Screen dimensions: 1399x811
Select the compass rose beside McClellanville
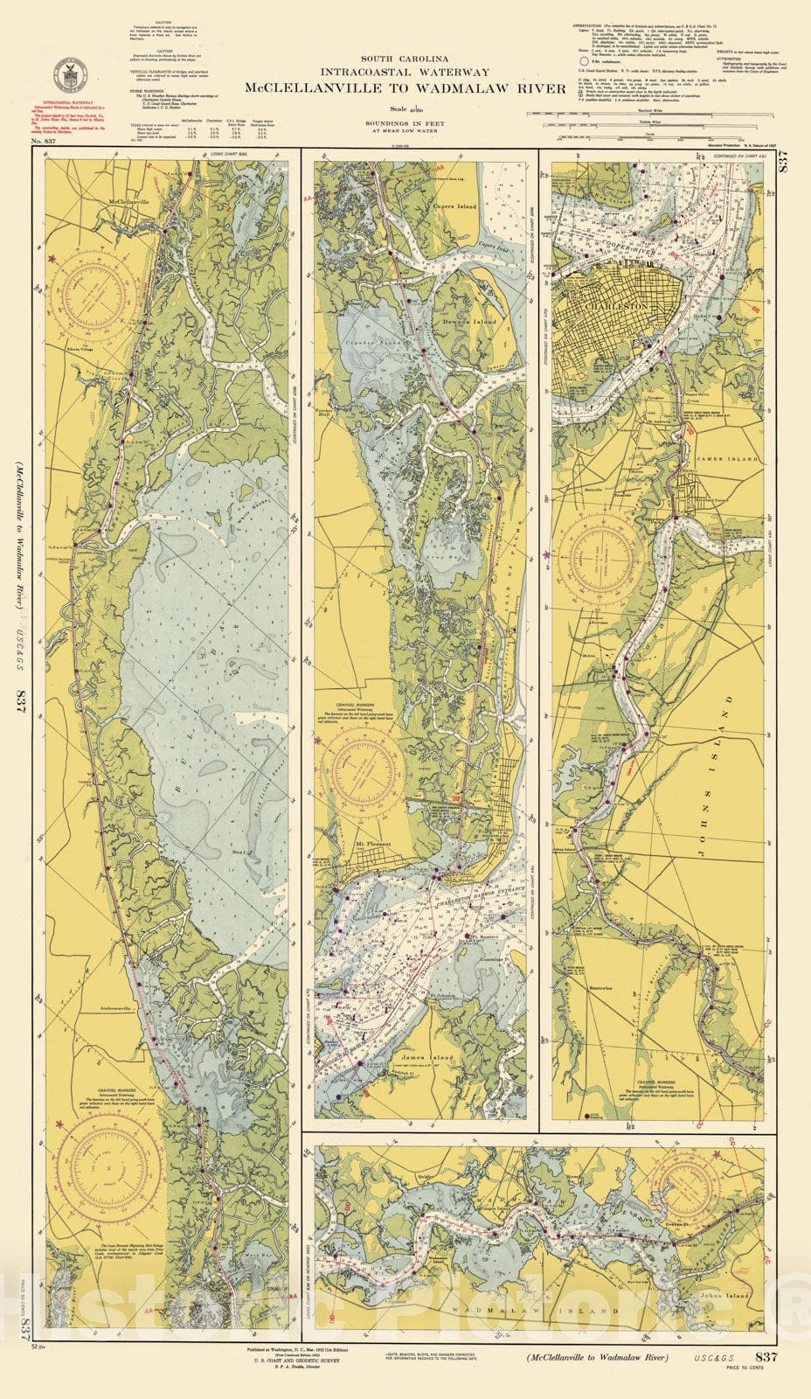91,279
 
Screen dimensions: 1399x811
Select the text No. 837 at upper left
44,142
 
